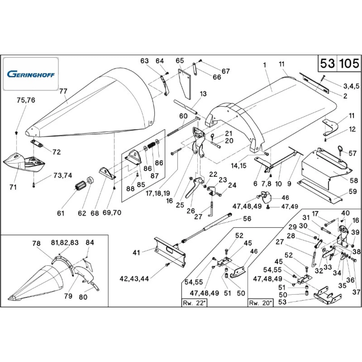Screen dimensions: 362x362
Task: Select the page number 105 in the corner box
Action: tap(349, 64)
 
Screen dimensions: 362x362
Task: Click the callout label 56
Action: tap(247, 219)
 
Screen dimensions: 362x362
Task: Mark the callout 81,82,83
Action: tap(64, 243)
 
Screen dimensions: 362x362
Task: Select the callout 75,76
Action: tap(26, 101)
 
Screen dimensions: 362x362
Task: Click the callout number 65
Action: tap(180, 60)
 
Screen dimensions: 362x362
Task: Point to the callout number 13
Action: tap(203, 94)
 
